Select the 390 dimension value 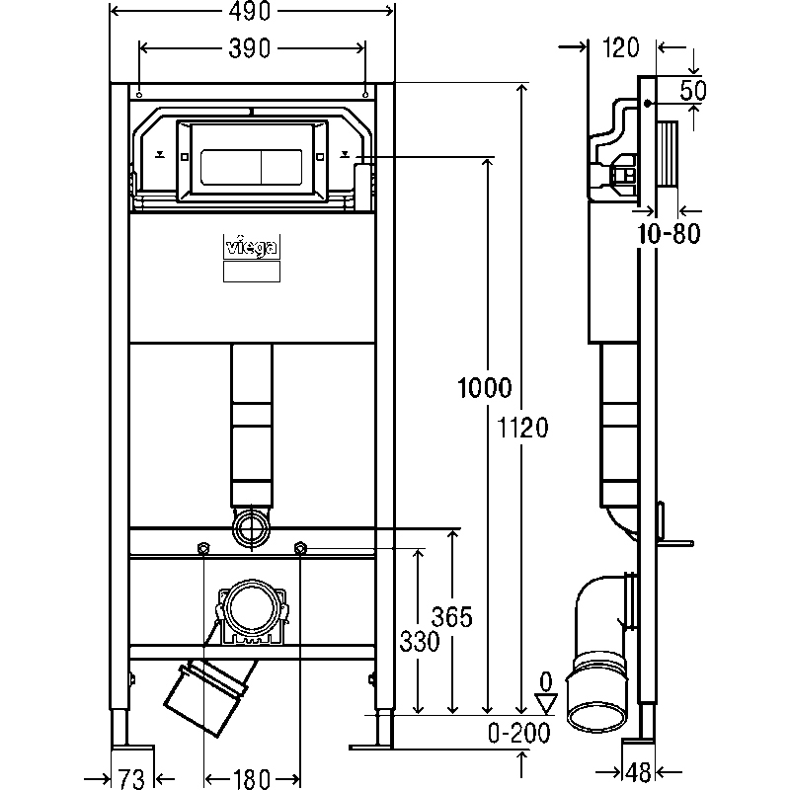point(252,48)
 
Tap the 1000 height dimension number point(484,387)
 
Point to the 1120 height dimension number point(525,426)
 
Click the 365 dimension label point(453,617)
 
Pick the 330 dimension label point(420,641)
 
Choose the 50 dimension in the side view point(694,91)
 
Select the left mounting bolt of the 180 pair point(204,549)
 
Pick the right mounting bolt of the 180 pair point(299,549)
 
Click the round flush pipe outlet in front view point(251,528)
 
